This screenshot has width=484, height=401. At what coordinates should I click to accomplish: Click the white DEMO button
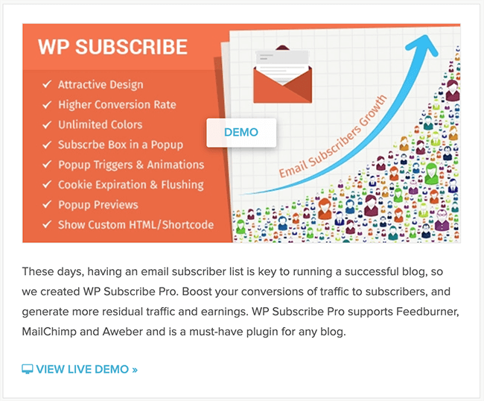pos(241,133)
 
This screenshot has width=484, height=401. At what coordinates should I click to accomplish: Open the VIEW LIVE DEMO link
pos(86,369)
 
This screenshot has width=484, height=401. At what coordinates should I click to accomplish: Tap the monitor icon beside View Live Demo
pos(27,369)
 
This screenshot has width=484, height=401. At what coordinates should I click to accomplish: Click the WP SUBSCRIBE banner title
pos(112,47)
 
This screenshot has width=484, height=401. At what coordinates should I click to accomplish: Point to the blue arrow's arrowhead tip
pos(426,35)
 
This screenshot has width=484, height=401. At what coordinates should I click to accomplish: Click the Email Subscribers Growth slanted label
pos(333,136)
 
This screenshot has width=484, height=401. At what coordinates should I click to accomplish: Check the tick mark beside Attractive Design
pos(47,84)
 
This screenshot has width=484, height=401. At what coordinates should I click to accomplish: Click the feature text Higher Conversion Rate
pos(117,105)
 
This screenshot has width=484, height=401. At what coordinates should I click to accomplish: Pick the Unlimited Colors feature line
pos(100,124)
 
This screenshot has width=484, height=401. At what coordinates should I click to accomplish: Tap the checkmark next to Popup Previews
pos(47,204)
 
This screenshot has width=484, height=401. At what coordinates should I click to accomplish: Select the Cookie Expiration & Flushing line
pos(131,185)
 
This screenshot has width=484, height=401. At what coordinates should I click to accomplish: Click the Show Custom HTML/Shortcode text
pos(136,224)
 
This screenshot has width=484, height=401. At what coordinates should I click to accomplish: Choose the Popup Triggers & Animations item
pos(131,165)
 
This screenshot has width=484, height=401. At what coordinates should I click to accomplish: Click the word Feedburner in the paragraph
pos(427,312)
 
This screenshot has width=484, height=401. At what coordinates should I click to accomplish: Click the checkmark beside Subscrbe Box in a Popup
pos(47,145)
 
